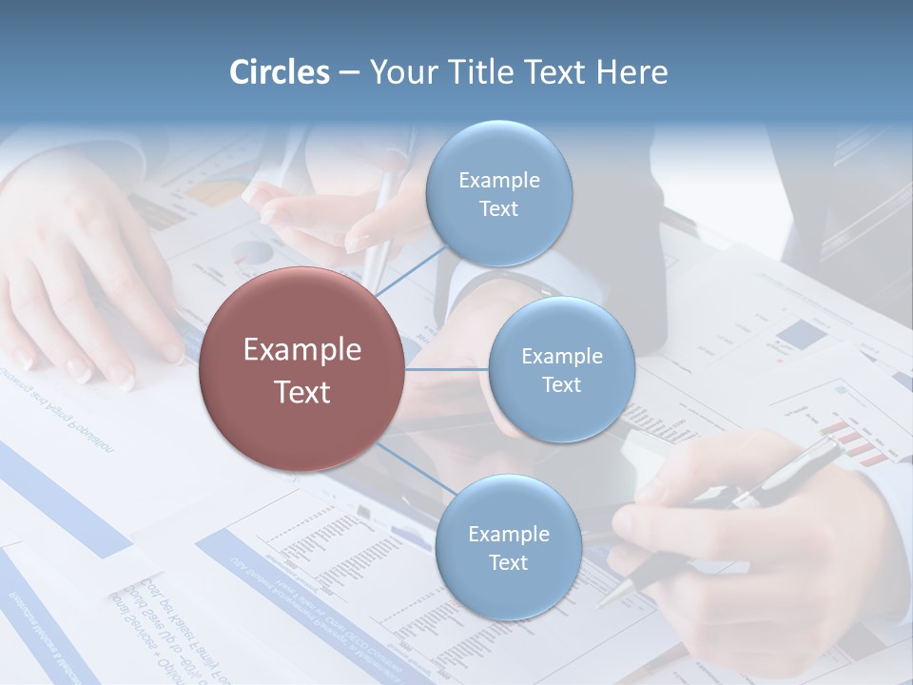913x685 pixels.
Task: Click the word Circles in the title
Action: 280,72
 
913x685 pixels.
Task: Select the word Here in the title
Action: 631,72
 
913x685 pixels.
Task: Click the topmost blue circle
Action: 498,194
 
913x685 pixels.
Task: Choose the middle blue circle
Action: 561,370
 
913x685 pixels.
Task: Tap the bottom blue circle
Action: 508,548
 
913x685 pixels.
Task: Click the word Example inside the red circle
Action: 302,350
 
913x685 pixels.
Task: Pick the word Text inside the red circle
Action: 302,392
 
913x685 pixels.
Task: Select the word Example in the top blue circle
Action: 498,180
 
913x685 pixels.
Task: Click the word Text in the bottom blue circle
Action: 508,562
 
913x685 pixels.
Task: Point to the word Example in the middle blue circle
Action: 561,356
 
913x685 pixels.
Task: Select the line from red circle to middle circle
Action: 447,369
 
